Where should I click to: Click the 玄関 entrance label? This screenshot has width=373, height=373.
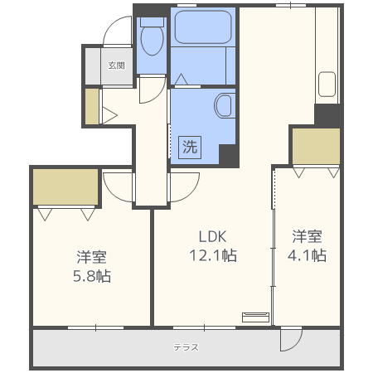(x=116, y=65)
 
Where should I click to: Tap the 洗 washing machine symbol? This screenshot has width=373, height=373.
(x=189, y=148)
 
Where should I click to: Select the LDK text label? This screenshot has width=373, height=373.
(x=211, y=235)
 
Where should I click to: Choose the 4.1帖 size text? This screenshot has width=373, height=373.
(x=307, y=255)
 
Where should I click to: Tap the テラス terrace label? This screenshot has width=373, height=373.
(x=186, y=347)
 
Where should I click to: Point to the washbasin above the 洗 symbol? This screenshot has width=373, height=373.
(x=223, y=106)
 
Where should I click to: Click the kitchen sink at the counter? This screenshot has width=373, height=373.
(x=326, y=86)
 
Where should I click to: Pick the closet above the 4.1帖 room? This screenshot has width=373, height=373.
(x=315, y=146)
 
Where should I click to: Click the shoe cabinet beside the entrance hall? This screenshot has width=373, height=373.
(x=91, y=105)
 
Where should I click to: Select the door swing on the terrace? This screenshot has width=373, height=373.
(x=291, y=338)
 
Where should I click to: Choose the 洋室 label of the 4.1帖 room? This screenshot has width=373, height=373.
(x=307, y=235)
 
